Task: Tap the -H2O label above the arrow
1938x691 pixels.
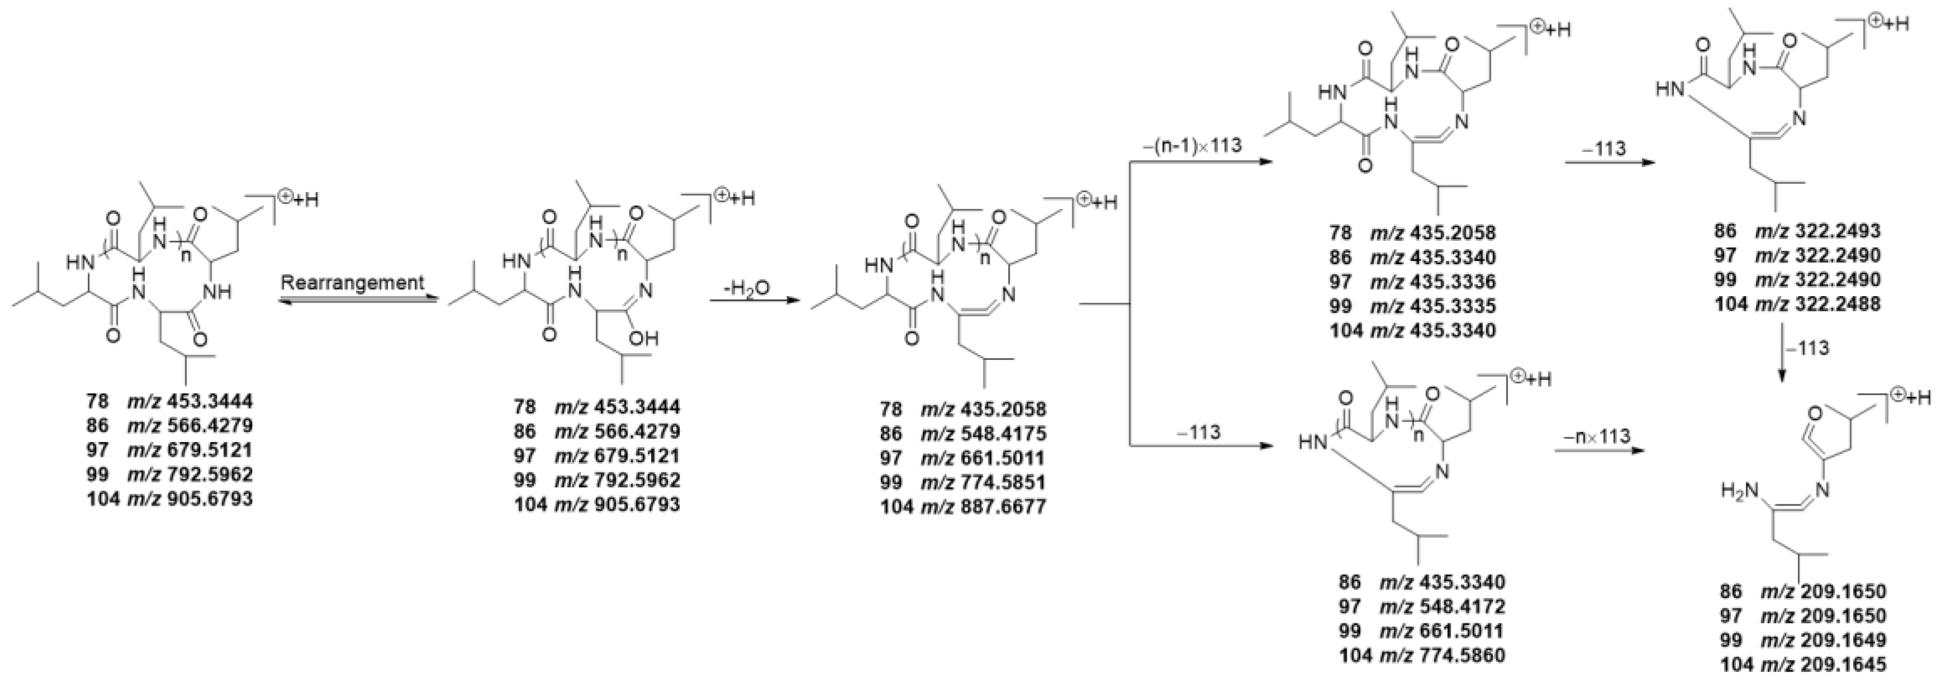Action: pos(747,288)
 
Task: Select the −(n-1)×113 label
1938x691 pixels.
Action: pos(1192,145)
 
